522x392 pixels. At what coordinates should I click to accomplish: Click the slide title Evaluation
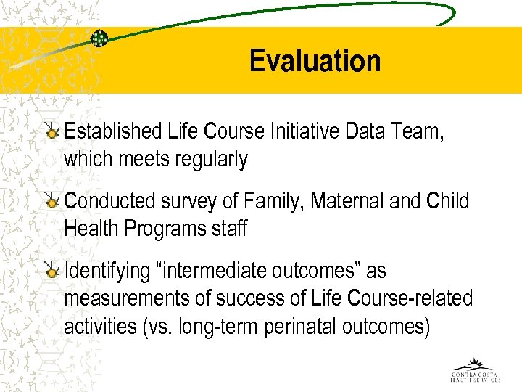[x=315, y=61]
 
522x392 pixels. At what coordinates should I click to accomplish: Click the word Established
[x=113, y=131]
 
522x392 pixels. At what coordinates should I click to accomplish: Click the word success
[x=241, y=298]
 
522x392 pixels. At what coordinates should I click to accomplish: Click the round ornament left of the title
[x=99, y=38]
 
